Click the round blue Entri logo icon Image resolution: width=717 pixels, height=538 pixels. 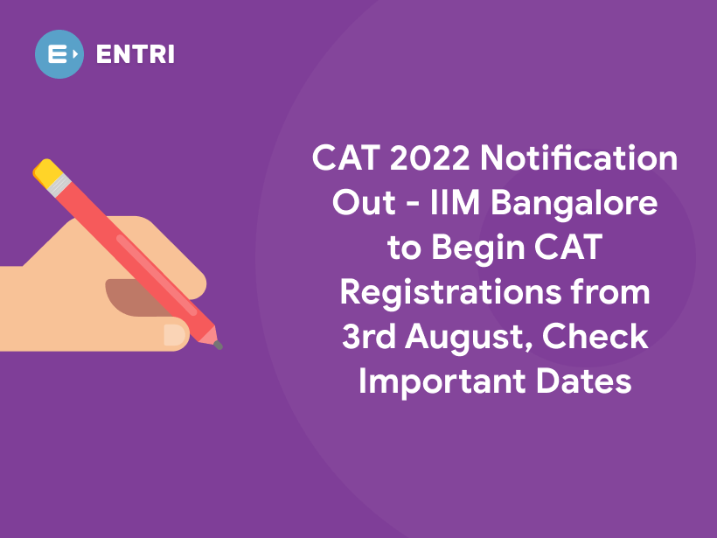click(59, 54)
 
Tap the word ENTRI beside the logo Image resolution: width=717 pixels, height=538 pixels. click(136, 54)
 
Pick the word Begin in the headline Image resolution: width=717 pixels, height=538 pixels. click(473, 248)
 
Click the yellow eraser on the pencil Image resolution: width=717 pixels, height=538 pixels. click(45, 170)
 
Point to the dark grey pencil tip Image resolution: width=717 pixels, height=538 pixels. click(218, 346)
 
